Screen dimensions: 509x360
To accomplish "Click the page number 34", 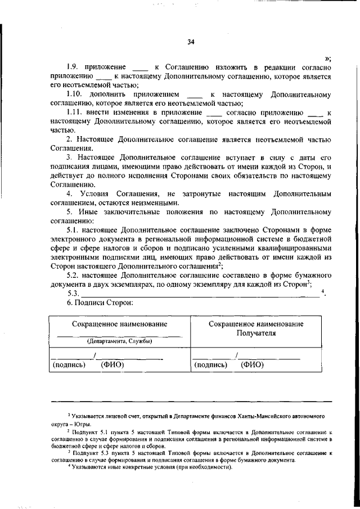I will pos(191,42).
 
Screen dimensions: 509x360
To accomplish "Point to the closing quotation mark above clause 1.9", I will pos(327,58).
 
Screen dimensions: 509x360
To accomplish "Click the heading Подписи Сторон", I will pos(102,303).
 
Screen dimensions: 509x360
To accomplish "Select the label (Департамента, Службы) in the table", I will pos(119,341).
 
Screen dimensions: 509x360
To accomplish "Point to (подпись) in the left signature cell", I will pos(69,364).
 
